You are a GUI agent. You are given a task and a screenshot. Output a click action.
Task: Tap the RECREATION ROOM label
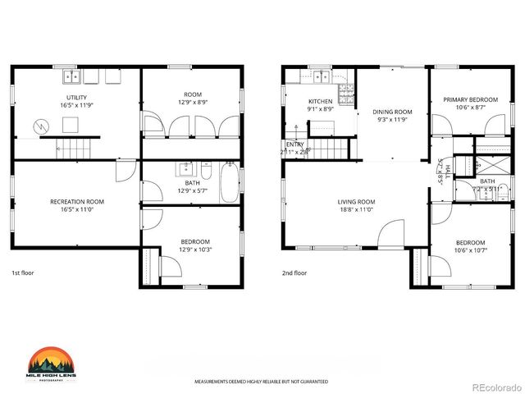tap(77, 201)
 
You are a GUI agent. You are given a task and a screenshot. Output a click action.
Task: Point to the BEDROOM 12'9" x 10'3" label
tap(194, 241)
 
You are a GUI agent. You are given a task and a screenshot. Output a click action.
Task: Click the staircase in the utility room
tap(72, 149)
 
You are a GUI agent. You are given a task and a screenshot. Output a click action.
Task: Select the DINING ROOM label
tap(392, 112)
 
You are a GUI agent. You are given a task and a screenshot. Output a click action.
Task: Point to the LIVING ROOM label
tap(356, 202)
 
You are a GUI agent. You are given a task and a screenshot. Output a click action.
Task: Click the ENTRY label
tap(294, 144)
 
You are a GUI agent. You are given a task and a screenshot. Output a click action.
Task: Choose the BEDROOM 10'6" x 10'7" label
tap(470, 243)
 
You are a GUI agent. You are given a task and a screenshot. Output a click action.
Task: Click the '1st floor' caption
tap(22, 273)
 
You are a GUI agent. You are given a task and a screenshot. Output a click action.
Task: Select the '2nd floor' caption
tap(294, 273)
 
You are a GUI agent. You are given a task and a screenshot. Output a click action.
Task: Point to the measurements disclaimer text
tap(261, 382)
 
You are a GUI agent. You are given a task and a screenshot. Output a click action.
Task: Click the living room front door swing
tap(391, 233)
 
